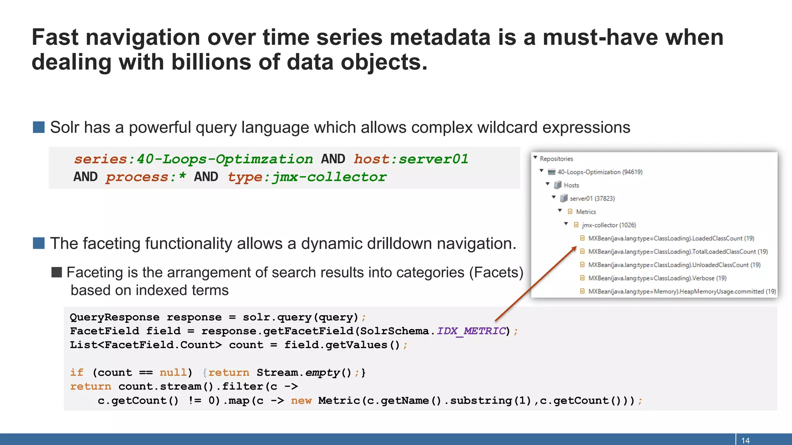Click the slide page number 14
point(745,440)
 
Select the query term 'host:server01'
point(411,159)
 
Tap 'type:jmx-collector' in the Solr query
point(307,177)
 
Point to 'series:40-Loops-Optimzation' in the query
point(193,159)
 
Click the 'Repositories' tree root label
point(556,159)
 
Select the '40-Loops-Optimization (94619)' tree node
point(599,172)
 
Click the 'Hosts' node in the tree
point(571,185)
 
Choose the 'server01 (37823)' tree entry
point(592,199)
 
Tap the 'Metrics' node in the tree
point(585,212)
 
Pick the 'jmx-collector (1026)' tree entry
point(609,225)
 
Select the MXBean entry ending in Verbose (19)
point(657,278)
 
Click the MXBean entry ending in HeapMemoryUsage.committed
point(682,292)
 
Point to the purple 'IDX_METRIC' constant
point(471,331)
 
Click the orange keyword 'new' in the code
point(301,401)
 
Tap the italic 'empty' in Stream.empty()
point(323,373)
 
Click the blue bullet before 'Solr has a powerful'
point(39,127)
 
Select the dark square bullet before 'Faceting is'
point(57,272)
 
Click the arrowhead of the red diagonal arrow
point(575,248)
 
